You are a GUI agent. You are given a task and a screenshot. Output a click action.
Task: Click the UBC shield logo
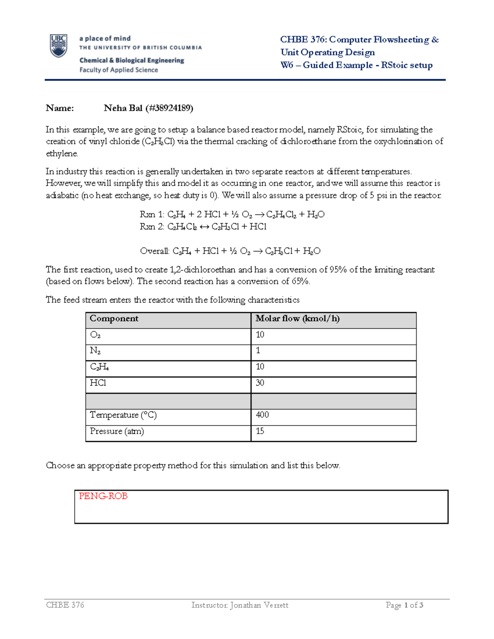pos(58,46)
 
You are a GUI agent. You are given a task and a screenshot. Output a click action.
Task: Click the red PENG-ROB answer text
pos(103,496)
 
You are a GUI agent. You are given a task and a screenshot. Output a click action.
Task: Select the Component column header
pos(114,318)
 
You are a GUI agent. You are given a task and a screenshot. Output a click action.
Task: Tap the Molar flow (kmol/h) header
pos(297,318)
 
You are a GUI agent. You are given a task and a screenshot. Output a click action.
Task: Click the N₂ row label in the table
pos(95,351)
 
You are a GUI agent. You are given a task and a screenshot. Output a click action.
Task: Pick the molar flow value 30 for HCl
pos(260,383)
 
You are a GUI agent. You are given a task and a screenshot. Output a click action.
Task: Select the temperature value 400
pos(262,415)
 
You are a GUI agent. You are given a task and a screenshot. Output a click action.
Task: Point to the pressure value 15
pos(260,431)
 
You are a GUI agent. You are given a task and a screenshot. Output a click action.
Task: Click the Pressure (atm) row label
pos(117,431)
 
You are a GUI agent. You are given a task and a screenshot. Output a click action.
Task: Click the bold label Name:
pos(60,108)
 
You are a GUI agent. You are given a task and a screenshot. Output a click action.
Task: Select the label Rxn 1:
pos(152,214)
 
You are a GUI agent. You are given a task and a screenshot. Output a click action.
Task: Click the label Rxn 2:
pos(152,227)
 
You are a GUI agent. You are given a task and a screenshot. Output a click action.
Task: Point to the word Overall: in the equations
pos(155,251)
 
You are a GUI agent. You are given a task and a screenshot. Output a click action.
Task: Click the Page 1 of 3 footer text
pos(404,605)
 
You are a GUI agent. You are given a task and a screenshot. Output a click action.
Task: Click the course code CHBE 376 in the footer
pos(65,605)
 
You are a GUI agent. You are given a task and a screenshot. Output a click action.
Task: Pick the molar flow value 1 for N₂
pos(258,351)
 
